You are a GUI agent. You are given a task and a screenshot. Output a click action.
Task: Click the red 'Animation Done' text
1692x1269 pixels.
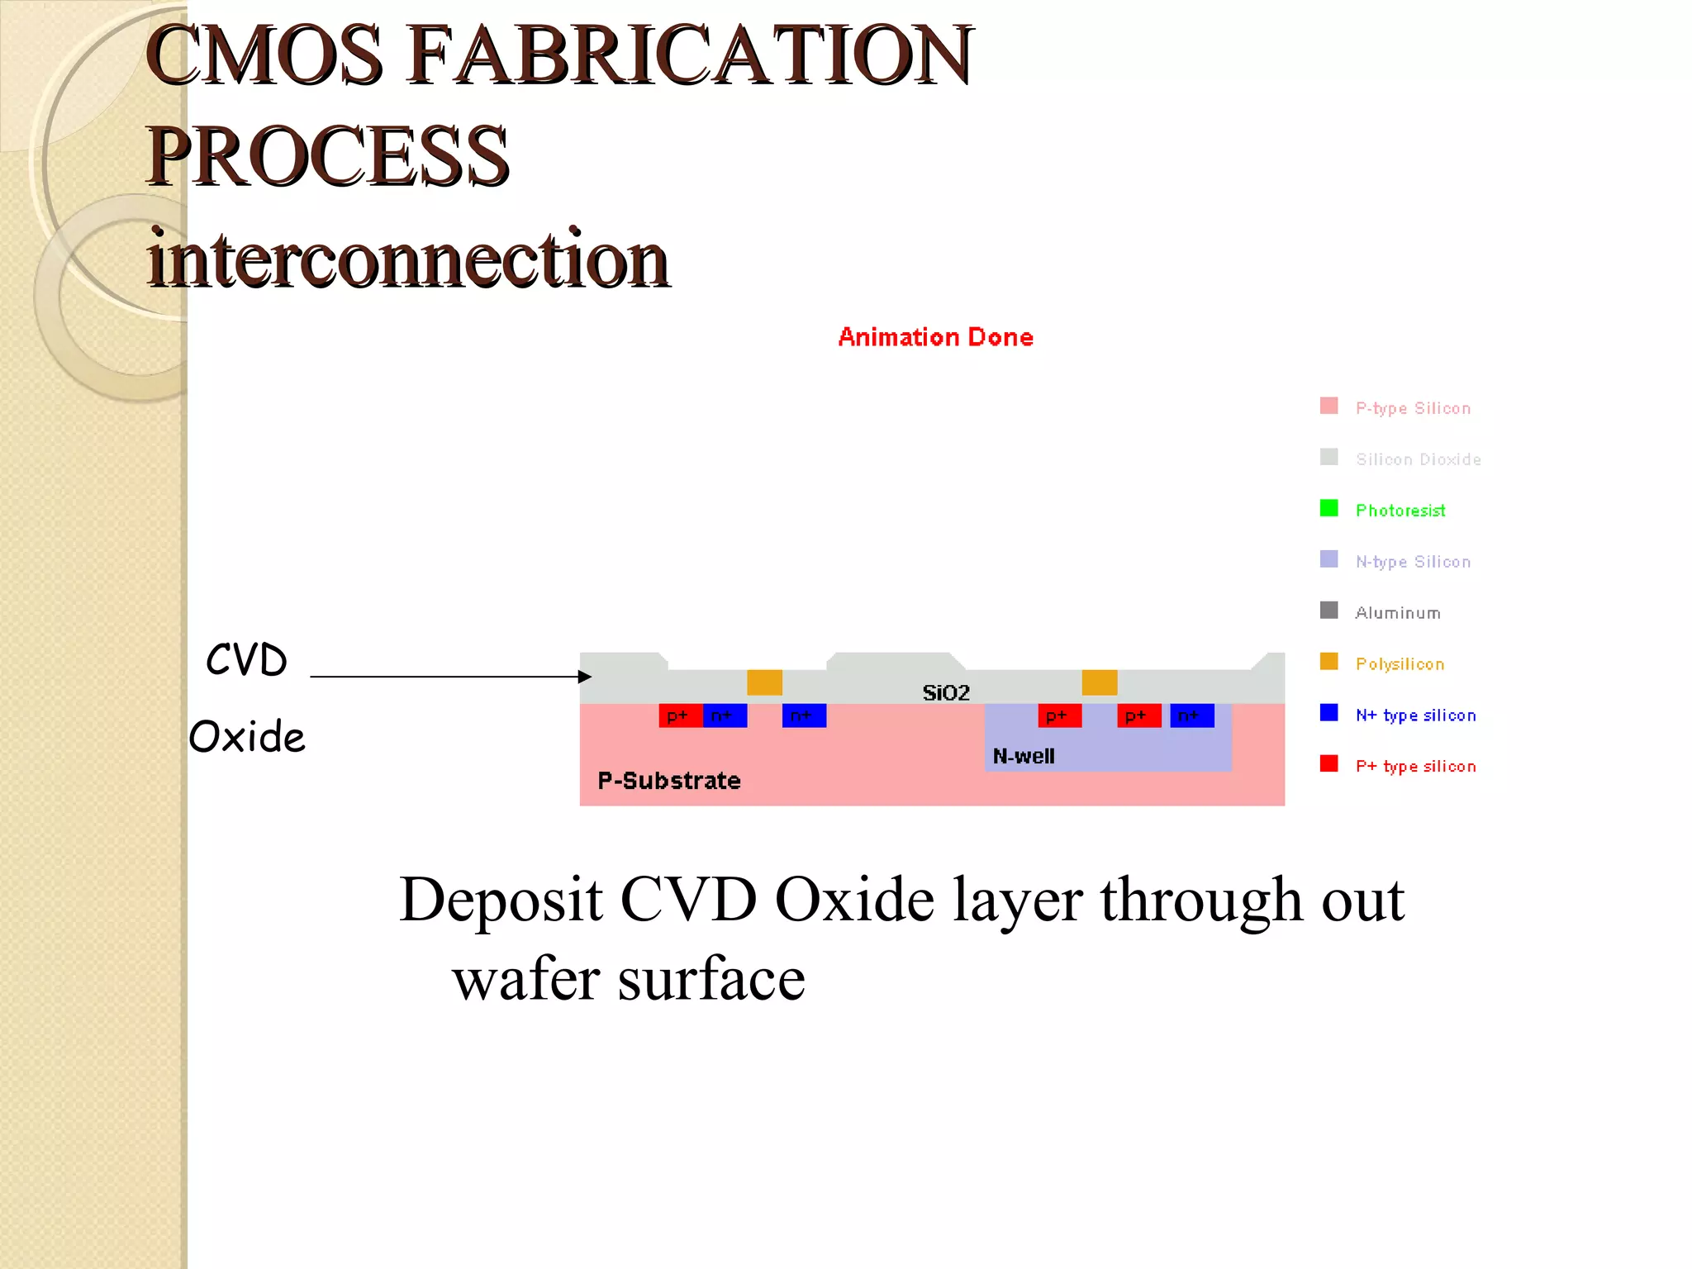point(935,337)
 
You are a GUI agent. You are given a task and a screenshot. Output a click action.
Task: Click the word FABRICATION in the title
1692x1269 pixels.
point(691,56)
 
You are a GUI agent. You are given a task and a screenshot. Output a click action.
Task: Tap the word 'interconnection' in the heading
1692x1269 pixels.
point(408,259)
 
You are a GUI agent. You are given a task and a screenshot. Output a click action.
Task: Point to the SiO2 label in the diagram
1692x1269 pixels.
point(946,692)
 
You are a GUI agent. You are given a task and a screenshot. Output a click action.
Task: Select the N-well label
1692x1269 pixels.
point(1024,756)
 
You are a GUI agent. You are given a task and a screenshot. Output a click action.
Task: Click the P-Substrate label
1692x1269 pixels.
point(669,781)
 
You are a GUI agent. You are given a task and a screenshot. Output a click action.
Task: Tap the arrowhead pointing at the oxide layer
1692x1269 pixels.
point(586,677)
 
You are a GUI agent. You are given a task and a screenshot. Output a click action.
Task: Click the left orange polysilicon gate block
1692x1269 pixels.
point(764,682)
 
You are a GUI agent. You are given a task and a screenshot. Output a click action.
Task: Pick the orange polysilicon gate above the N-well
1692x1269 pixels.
point(1100,682)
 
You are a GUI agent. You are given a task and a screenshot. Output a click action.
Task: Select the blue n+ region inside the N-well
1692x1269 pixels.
point(1192,715)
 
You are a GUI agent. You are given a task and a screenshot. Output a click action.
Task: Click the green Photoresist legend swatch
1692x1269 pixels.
point(1328,508)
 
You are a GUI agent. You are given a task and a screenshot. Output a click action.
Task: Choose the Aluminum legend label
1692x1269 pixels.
point(1398,613)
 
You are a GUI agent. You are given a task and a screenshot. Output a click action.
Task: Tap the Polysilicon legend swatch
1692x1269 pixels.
point(1328,662)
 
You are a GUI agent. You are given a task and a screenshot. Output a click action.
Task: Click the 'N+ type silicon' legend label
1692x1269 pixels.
point(1415,715)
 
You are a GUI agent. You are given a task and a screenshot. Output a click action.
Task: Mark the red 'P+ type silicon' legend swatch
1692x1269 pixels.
point(1328,763)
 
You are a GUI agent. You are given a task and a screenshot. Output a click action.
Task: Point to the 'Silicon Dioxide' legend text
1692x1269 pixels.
point(1418,459)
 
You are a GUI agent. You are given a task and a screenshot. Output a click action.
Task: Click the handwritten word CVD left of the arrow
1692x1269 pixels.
point(246,660)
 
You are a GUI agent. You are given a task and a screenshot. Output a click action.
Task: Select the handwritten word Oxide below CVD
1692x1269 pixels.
point(247,736)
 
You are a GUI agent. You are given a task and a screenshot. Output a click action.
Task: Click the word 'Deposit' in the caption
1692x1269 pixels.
point(501,901)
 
